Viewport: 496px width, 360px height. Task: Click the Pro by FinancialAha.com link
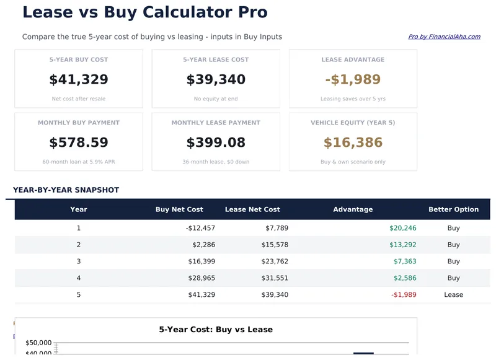[x=444, y=37]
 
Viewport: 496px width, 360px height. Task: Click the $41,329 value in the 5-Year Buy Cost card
[x=79, y=79]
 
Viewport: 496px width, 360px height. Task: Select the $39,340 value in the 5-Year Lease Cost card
[x=216, y=79]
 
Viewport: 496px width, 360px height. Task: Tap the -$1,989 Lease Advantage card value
[x=353, y=79]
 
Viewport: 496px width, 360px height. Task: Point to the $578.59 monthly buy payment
[x=79, y=143]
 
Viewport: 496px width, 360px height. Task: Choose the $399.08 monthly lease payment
[x=216, y=143]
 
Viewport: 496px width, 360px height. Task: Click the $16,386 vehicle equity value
[x=353, y=143]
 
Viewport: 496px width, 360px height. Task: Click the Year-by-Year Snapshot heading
[x=66, y=190]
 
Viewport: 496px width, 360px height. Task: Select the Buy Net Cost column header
[x=179, y=209]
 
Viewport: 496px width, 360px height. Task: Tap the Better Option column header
[x=453, y=209]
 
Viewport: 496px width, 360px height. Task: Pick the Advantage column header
[x=353, y=209]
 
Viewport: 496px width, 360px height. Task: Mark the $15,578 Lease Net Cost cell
[x=275, y=245]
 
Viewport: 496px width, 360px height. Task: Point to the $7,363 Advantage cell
[x=405, y=261]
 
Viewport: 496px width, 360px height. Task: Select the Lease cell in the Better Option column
[x=453, y=295]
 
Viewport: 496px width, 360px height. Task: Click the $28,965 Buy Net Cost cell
[x=201, y=278]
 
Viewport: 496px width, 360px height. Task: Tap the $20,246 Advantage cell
[x=403, y=228]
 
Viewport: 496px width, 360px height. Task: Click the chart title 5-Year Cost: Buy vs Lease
[x=216, y=330]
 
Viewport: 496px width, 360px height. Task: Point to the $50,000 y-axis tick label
[x=38, y=343]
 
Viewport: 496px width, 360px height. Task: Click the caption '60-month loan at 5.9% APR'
[x=79, y=162]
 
